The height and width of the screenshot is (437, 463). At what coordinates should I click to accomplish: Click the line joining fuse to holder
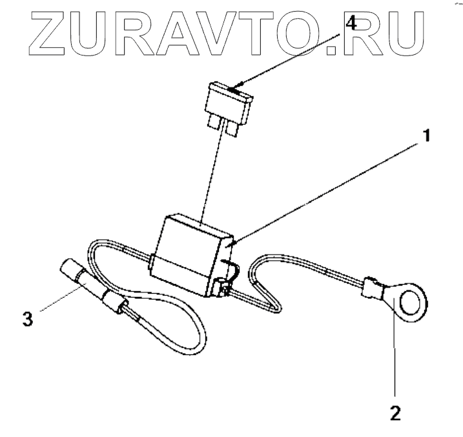[212, 174]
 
